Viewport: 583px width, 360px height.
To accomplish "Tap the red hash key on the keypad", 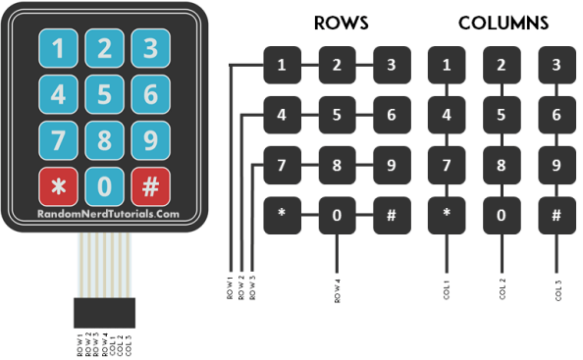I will click(150, 185).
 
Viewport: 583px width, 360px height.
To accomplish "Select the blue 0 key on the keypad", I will click(104, 185).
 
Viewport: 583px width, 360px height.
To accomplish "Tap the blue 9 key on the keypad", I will click(150, 140).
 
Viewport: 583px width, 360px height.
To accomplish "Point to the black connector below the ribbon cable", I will click(103, 313).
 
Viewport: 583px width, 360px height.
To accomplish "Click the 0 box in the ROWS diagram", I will click(337, 215).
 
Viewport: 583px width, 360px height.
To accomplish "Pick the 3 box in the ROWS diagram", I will click(392, 67).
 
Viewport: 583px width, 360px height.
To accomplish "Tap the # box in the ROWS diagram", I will click(392, 215).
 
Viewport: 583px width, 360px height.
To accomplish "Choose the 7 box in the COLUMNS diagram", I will click(447, 165).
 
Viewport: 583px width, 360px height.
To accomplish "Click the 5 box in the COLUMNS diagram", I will click(502, 115).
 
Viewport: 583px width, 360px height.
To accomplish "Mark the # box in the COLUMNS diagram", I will click(556, 215).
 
